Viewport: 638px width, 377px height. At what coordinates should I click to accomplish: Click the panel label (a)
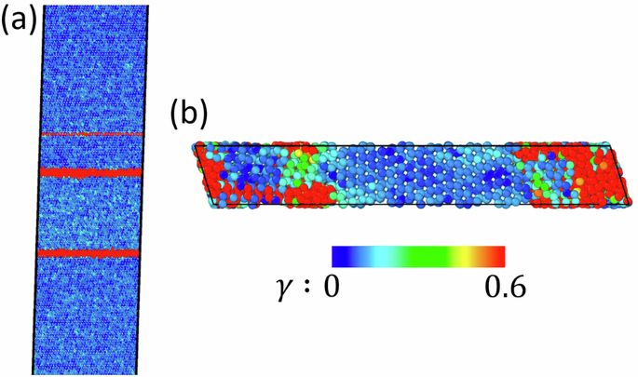[20, 20]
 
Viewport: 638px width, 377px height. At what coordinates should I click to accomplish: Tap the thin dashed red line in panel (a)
[90, 135]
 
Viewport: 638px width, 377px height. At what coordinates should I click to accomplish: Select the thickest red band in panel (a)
[90, 172]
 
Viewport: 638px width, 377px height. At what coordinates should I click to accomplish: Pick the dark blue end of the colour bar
[341, 256]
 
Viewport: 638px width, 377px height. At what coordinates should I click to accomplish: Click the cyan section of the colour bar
[377, 256]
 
